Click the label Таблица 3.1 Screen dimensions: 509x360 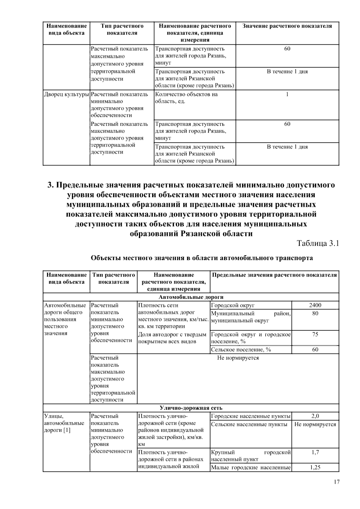[x=318, y=243]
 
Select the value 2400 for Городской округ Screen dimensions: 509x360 [x=315, y=305]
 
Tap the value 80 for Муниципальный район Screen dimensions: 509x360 [x=315, y=313]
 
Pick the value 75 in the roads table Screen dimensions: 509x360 [x=315, y=334]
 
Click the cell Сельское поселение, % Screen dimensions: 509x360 [x=241, y=350]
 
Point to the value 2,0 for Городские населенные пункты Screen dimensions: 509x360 [x=315, y=416]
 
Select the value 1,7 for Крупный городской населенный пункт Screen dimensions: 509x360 [x=315, y=452]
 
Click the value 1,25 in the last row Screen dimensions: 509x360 [x=315, y=467]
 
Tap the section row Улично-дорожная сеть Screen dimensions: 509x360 [x=191, y=408]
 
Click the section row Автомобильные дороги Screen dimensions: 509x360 [x=191, y=297]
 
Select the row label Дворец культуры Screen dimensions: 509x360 [x=67, y=94]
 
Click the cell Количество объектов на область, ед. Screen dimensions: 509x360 [x=186, y=98]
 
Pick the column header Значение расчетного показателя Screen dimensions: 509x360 [x=287, y=26]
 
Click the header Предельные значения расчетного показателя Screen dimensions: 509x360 [x=274, y=275]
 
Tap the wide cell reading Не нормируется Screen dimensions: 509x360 [x=238, y=358]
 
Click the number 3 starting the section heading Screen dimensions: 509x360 [x=50, y=185]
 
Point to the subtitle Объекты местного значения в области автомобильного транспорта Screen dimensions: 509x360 [x=202, y=258]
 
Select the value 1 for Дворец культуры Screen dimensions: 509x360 [x=287, y=94]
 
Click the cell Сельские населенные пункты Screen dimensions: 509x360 [x=249, y=424]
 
